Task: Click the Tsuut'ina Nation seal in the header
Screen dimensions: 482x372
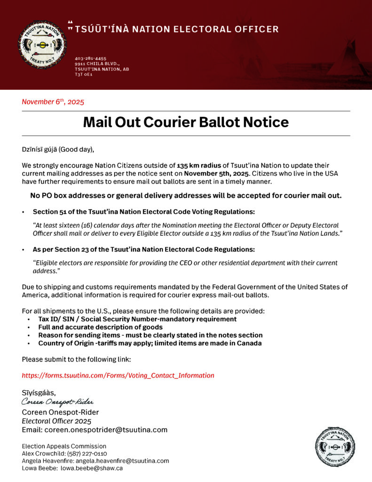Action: click(42, 45)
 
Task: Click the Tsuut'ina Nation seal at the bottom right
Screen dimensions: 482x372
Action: click(334, 447)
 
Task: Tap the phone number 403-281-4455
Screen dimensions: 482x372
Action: click(90, 58)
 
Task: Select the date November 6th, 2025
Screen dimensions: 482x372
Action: click(53, 101)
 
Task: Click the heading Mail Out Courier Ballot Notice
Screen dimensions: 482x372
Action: click(186, 122)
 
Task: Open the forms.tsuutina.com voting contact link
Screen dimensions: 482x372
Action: click(118, 376)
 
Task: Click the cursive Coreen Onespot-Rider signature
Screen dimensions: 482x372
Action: click(57, 402)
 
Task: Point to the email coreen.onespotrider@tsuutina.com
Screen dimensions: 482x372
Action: click(106, 430)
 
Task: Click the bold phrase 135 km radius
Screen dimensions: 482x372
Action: click(197, 166)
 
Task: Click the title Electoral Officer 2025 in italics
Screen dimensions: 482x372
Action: click(56, 421)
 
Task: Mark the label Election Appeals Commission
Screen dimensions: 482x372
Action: click(64, 446)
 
